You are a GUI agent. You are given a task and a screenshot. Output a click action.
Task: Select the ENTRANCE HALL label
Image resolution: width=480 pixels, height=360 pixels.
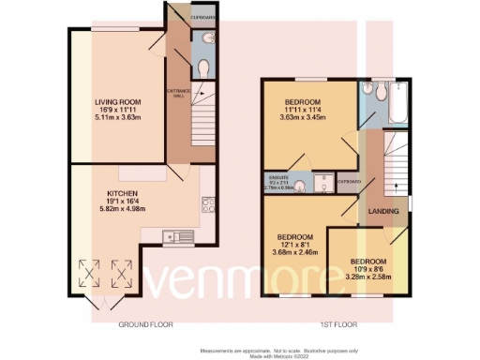[173, 91]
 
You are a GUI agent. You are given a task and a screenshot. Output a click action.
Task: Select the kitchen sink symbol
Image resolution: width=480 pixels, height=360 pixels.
[175, 235]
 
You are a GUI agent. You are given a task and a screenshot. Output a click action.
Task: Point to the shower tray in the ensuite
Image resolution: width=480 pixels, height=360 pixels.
[322, 183]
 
